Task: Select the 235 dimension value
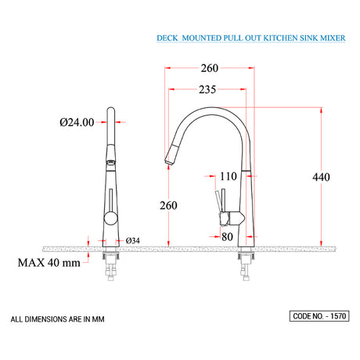(x=208, y=90)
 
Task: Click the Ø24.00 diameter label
(x=77, y=122)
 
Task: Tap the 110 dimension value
(x=228, y=177)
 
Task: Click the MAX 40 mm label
(x=49, y=263)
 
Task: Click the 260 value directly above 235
(x=208, y=68)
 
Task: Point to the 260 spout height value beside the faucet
(x=168, y=205)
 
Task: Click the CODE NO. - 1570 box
(x=319, y=316)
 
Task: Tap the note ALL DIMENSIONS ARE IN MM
(x=58, y=319)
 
